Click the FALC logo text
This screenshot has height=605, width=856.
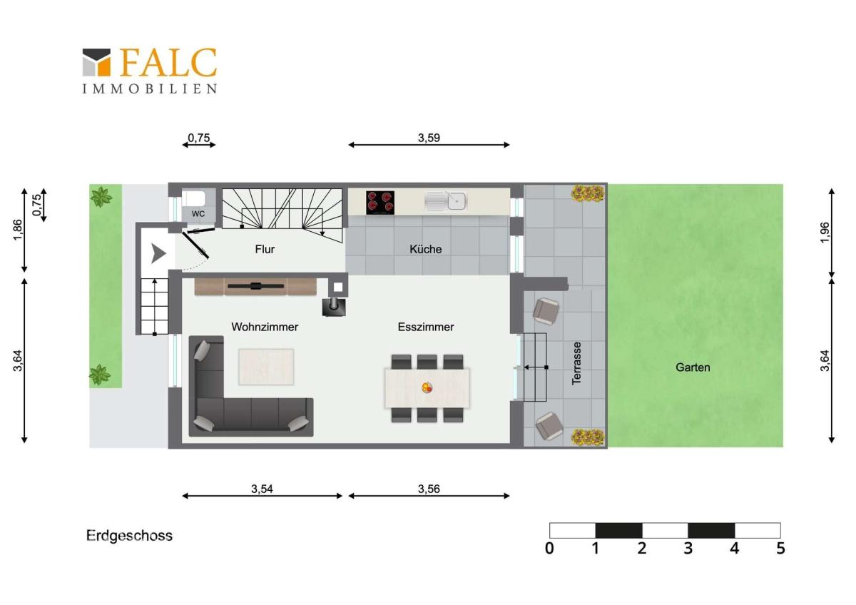pos(168,62)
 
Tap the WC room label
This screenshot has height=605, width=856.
pos(198,213)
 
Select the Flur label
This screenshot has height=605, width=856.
pos(265,249)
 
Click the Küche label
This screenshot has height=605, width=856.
pos(426,249)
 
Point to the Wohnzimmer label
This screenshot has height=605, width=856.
pos(265,327)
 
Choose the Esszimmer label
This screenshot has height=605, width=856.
pos(426,327)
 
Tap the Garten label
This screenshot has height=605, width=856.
pos(693,367)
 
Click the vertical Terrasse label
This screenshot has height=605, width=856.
pos(576,363)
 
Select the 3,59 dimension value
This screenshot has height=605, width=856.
pos(429,138)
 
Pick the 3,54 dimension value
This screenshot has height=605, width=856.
pos(263,489)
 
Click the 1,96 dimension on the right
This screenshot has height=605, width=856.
pos(825,232)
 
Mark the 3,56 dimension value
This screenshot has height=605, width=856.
pos(429,489)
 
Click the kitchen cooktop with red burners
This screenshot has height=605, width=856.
pos(380,203)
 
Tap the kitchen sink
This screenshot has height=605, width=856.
pos(445,201)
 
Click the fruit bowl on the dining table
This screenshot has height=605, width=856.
pos(427,387)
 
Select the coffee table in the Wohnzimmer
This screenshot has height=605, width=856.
pos(266,367)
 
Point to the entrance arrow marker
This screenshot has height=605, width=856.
pos(158,253)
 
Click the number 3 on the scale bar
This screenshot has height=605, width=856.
pos(688,549)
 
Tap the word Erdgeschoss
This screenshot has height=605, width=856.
pos(130,536)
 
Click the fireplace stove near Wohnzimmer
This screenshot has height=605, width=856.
pos(334,307)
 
